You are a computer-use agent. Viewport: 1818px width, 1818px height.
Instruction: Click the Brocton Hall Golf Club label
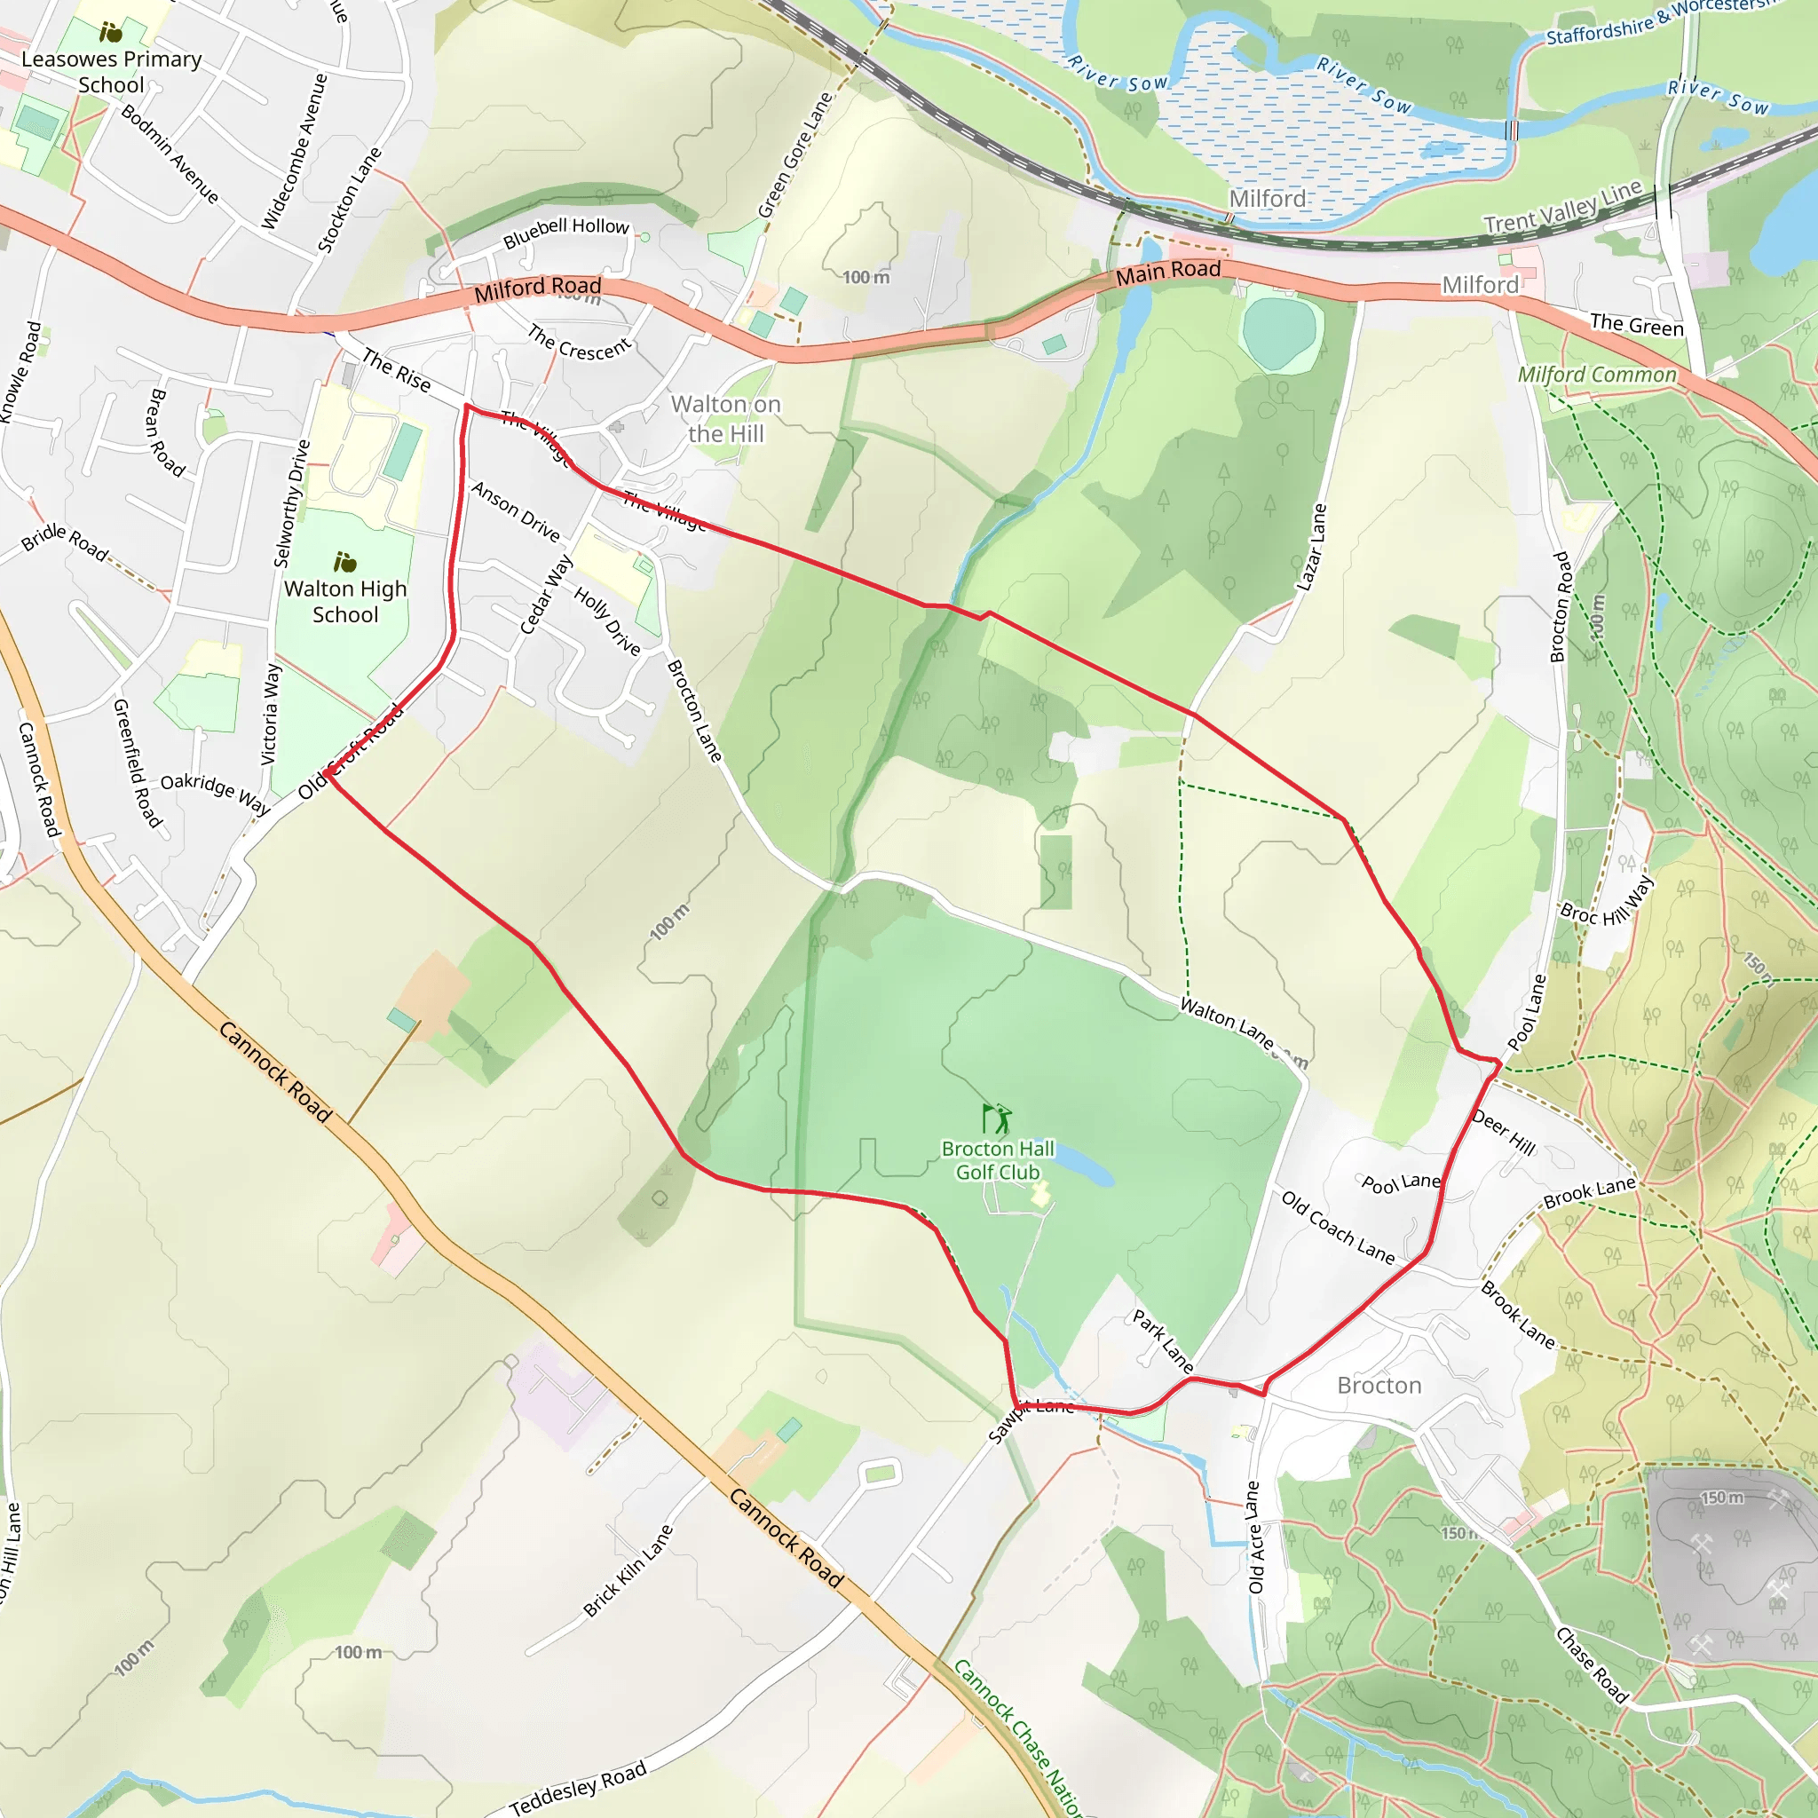998,1160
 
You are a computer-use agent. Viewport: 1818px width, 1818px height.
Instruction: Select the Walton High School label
345,601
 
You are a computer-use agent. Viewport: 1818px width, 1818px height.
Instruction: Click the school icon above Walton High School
345,563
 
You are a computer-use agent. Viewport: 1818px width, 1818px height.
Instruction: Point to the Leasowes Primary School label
111,72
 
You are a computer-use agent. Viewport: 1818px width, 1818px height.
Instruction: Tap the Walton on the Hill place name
725,419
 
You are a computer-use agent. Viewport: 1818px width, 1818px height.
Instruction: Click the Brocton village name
1379,1385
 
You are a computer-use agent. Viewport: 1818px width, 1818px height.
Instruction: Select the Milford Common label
1597,375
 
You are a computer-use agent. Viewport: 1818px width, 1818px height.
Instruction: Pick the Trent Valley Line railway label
1562,207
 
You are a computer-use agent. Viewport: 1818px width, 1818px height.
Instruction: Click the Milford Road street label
537,288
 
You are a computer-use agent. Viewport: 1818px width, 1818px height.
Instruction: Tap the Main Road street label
1168,272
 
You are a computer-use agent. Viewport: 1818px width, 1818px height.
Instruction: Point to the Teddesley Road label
578,1787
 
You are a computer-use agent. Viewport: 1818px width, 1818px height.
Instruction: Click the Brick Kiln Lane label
628,1570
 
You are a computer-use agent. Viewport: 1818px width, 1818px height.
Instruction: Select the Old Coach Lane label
1337,1227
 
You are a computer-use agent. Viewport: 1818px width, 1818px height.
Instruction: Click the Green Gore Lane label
795,155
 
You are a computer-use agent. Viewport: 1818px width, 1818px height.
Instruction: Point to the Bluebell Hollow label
565,231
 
